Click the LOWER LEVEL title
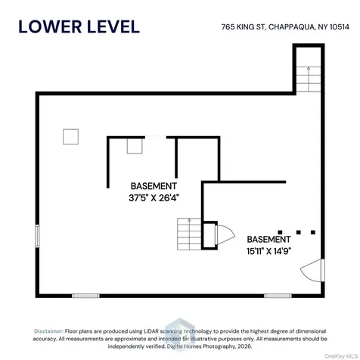(79, 26)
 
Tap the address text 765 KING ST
(244, 27)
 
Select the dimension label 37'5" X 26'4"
(154, 198)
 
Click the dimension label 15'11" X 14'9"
(269, 251)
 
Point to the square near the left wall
(70, 137)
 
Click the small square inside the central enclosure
(135, 146)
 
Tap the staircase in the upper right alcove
(309, 79)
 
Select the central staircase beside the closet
(189, 234)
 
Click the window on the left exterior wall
(37, 236)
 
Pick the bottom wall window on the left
(85, 296)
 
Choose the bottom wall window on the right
(278, 296)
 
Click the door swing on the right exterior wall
(312, 270)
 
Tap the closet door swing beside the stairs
(225, 235)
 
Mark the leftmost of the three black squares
(280, 232)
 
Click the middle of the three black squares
(299, 232)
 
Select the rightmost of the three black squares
(313, 232)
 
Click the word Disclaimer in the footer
(49, 331)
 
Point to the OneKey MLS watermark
(341, 356)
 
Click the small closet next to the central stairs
(209, 235)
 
